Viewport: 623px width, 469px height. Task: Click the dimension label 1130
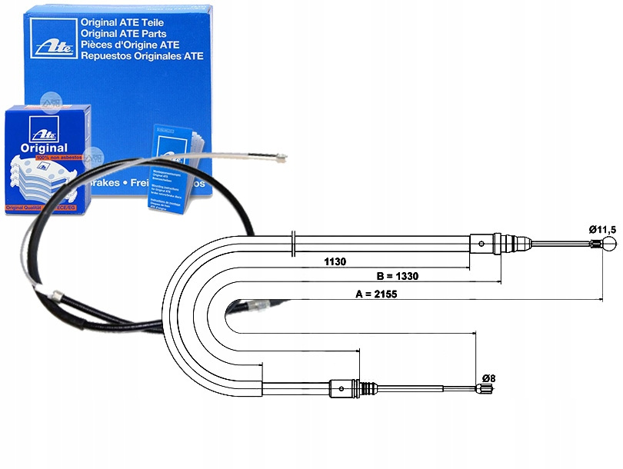click(x=335, y=261)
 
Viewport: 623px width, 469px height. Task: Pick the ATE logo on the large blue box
click(x=52, y=37)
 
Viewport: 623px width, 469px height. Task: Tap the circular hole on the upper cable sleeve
click(x=481, y=244)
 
